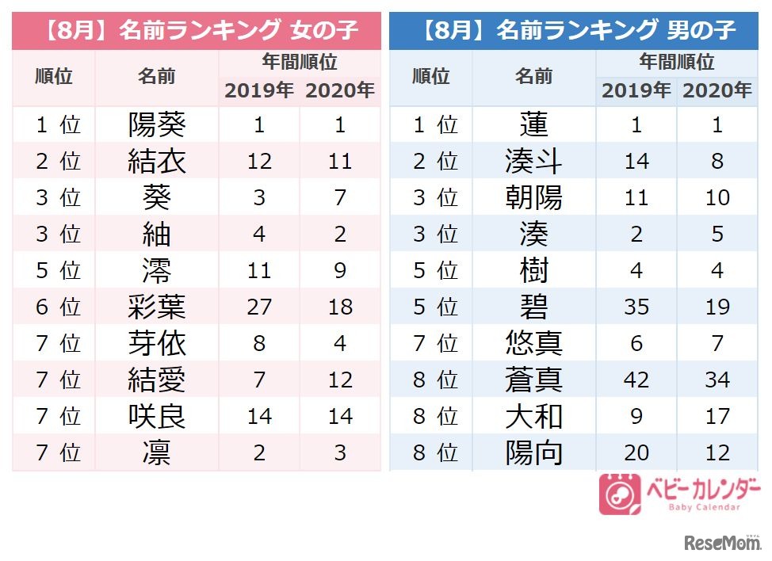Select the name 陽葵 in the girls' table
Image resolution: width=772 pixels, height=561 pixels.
(157, 125)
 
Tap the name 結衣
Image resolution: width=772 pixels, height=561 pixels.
(157, 162)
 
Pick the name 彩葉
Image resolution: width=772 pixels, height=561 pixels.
(157, 307)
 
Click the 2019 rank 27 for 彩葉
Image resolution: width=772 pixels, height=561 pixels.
(259, 307)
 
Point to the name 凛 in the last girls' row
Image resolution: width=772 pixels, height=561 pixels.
(157, 453)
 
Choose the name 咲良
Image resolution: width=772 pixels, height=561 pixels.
(157, 417)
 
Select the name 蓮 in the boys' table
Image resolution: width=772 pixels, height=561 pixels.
(533, 125)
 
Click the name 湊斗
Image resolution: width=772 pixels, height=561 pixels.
(533, 162)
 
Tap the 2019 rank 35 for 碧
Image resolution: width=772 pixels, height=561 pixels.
(636, 307)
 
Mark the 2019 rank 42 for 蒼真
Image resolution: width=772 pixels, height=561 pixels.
(636, 380)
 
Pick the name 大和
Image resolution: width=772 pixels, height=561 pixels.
(533, 417)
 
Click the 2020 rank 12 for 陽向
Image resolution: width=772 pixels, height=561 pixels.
(717, 453)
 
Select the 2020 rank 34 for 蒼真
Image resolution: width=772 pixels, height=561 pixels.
(717, 380)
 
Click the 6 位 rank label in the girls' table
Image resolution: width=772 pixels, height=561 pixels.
(54, 307)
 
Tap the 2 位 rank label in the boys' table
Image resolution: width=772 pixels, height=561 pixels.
(431, 162)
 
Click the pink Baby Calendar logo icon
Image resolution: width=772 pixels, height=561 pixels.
(619, 494)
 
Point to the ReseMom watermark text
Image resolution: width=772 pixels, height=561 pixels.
(721, 544)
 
